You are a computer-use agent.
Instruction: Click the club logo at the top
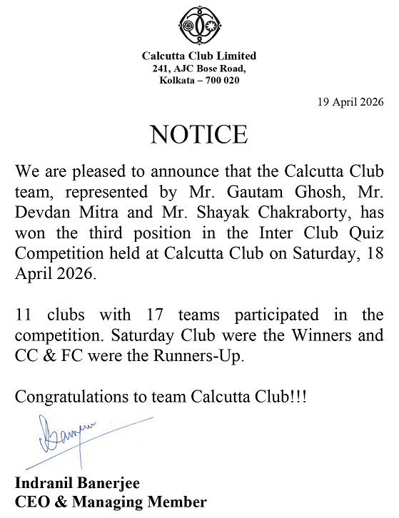tap(199, 26)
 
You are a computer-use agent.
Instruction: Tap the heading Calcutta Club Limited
tap(199, 56)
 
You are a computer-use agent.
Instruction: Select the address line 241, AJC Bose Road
tap(199, 68)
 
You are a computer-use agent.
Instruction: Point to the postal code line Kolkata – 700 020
tap(199, 80)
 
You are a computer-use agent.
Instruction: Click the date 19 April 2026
tap(350, 101)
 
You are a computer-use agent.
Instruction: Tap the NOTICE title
tap(198, 134)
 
